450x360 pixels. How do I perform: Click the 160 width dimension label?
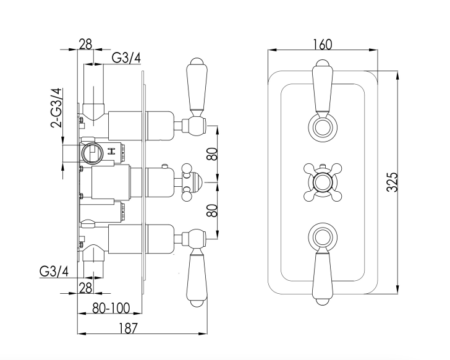click(x=322, y=45)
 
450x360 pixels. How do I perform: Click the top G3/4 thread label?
click(x=127, y=58)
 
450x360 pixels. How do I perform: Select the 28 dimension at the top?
click(x=85, y=45)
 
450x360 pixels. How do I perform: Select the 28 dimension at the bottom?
click(x=85, y=288)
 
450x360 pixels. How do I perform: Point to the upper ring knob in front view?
click(x=321, y=128)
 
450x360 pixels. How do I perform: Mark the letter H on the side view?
click(x=112, y=151)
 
